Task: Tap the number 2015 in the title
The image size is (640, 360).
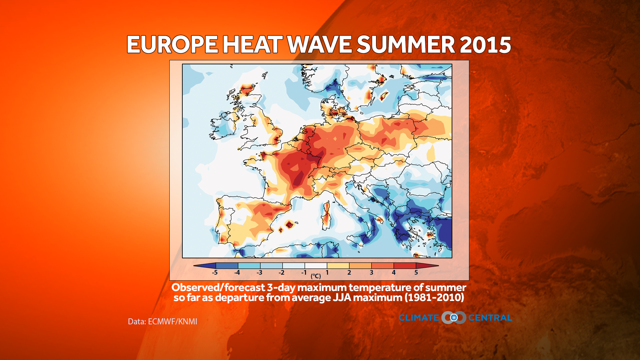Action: (x=485, y=45)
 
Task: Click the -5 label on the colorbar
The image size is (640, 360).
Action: (x=215, y=273)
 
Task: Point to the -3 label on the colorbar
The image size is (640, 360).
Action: (x=259, y=273)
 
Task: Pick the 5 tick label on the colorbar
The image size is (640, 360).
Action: (x=416, y=273)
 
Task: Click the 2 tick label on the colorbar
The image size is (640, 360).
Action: (x=349, y=273)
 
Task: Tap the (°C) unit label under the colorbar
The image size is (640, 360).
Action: (x=316, y=276)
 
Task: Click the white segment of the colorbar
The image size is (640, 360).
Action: (x=316, y=266)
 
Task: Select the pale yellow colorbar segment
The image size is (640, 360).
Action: (x=338, y=266)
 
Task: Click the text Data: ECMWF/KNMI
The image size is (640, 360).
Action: (x=162, y=322)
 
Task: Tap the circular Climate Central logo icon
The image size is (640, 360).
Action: (x=454, y=318)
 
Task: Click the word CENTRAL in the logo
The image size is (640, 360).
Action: (x=490, y=318)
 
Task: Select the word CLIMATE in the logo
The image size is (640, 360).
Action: (x=419, y=318)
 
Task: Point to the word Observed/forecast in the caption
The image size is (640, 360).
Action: (x=218, y=287)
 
